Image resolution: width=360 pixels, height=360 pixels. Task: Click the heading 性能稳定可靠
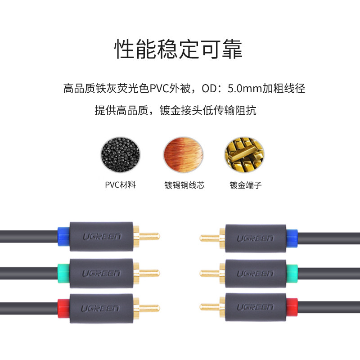coord(179,49)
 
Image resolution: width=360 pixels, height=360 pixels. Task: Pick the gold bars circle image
coord(242,156)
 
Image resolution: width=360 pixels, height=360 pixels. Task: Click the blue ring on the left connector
coord(64,236)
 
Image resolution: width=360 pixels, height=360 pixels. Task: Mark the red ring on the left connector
coord(64,308)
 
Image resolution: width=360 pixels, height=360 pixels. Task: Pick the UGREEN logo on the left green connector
coord(100,273)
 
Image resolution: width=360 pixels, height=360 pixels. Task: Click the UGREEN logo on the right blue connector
coord(256,237)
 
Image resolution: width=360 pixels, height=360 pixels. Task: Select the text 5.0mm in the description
coord(243,88)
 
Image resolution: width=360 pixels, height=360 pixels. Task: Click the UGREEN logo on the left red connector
coord(100,308)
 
